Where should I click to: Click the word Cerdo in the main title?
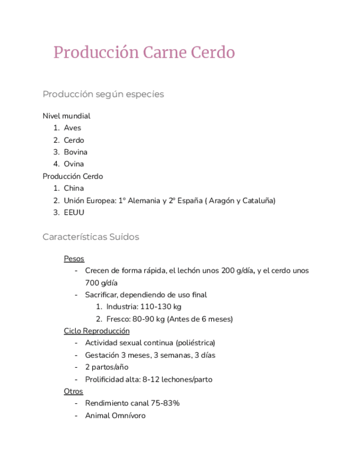click(x=213, y=53)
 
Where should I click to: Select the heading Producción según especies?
click(x=103, y=94)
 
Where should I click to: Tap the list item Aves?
click(x=72, y=128)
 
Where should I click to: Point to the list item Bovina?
click(x=75, y=152)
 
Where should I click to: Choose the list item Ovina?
click(x=74, y=164)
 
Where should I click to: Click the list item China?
click(x=74, y=188)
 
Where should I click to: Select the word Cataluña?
click(x=259, y=200)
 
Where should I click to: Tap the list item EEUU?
click(x=74, y=212)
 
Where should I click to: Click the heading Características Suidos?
click(x=91, y=237)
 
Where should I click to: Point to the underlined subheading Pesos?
click(x=74, y=259)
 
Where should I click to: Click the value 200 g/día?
click(x=237, y=270)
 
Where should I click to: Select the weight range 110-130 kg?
click(x=160, y=306)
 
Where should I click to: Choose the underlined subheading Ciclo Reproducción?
click(x=97, y=331)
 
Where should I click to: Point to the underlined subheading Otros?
click(x=74, y=392)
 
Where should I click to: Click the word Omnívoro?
click(x=129, y=415)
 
